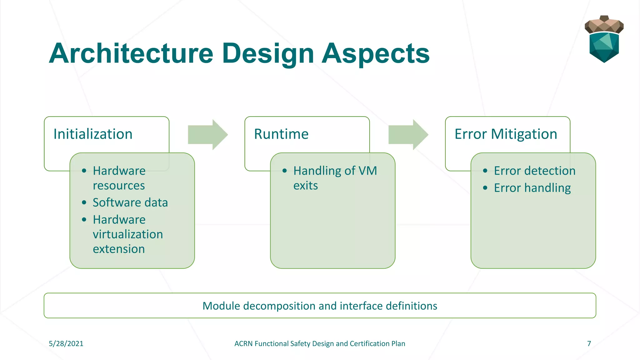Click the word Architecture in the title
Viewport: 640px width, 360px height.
pos(131,54)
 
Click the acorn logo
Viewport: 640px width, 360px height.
pos(604,39)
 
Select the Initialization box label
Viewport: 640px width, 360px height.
pos(93,134)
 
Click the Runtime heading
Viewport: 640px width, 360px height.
pos(281,134)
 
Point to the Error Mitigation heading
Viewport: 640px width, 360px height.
pos(506,134)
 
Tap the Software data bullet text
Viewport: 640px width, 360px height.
pos(130,202)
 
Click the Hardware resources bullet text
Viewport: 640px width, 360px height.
pos(119,178)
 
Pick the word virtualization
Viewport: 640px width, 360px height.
pos(128,234)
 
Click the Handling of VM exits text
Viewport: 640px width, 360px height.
pos(335,178)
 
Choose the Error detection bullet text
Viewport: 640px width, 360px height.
pos(534,171)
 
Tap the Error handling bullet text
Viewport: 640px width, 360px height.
pos(532,188)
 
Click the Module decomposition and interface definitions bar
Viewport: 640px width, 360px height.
pos(320,306)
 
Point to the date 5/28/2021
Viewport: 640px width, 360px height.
pos(66,343)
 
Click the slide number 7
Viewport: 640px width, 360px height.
pos(589,343)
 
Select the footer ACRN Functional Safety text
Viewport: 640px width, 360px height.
pos(320,343)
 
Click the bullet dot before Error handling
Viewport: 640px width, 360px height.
pos(485,188)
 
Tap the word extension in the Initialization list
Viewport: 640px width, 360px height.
pos(119,249)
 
